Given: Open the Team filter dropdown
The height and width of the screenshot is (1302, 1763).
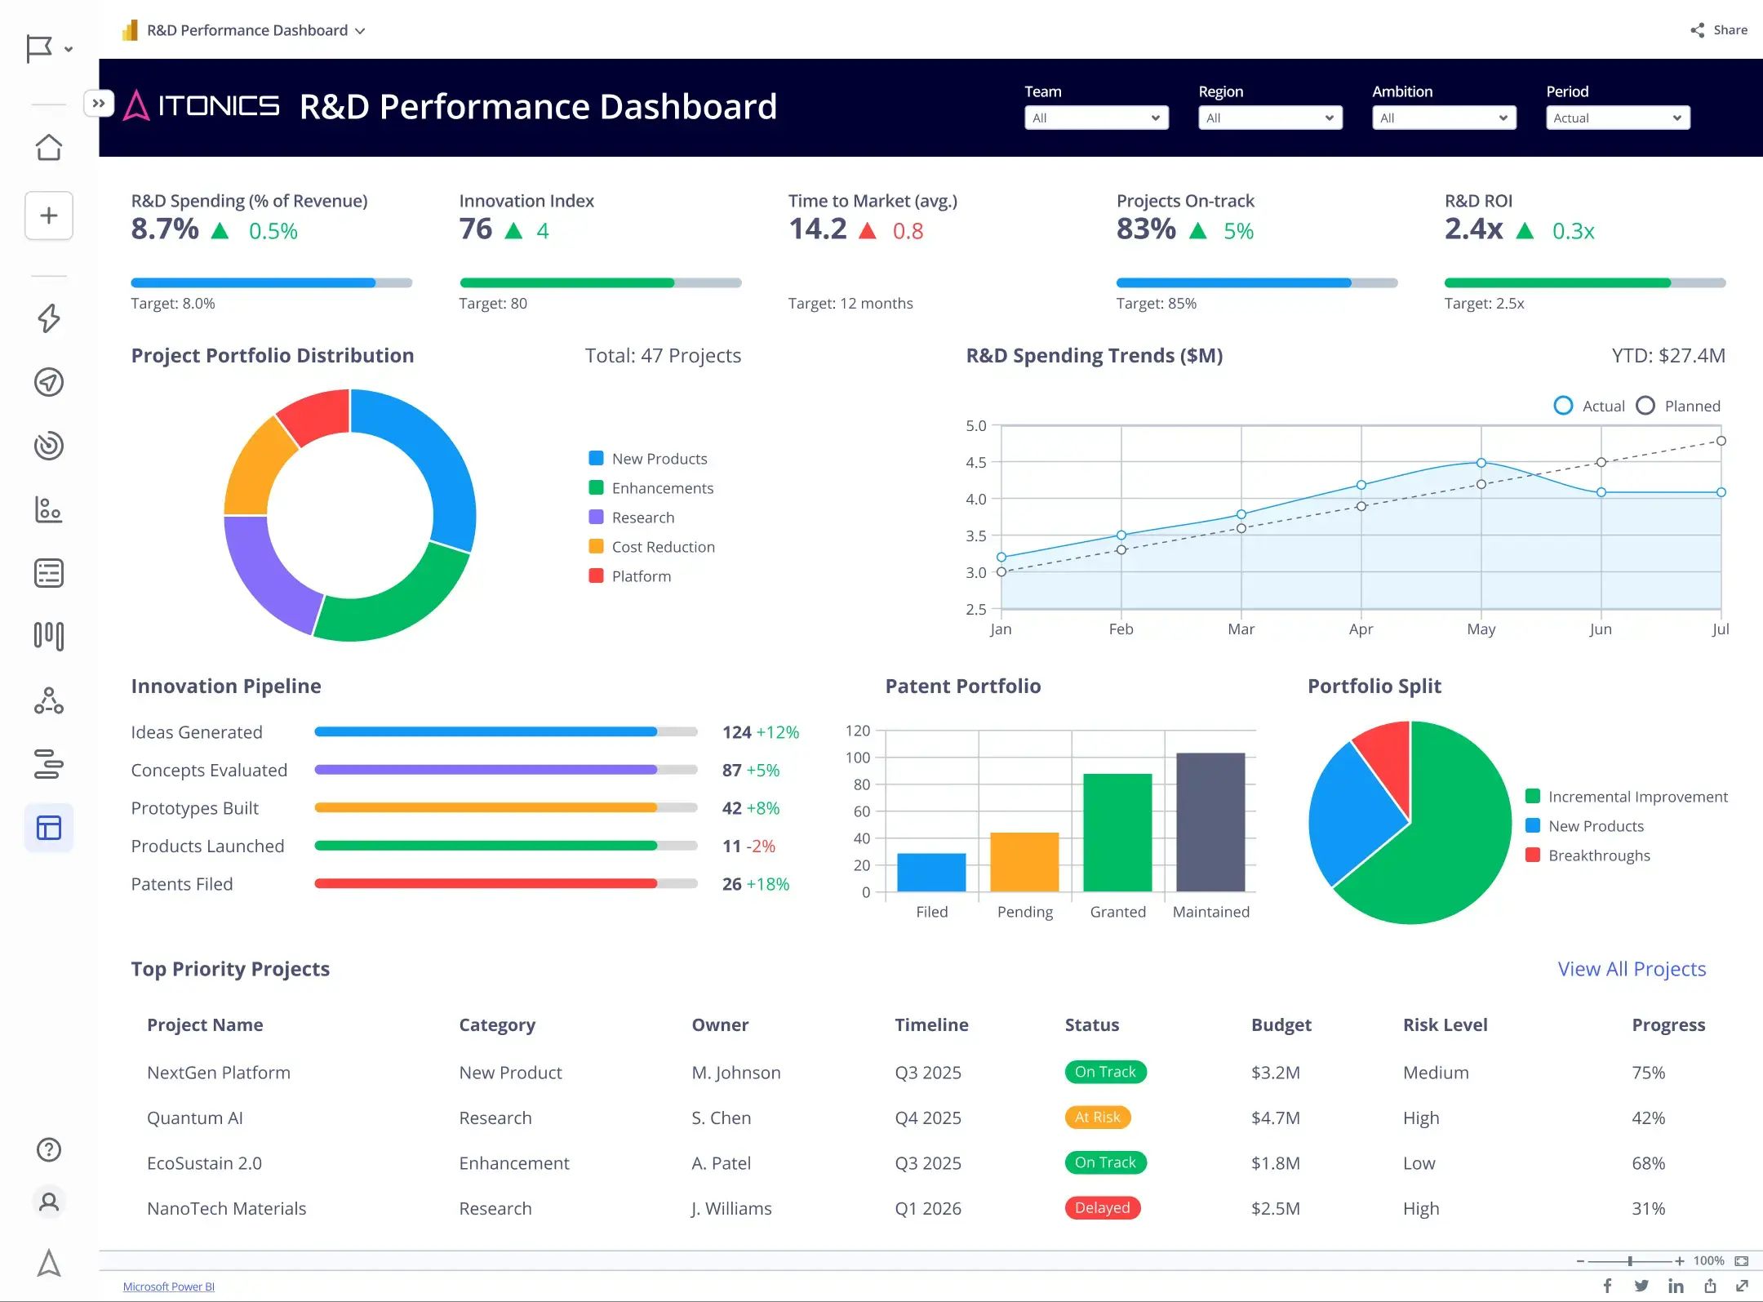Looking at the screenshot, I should [x=1095, y=118].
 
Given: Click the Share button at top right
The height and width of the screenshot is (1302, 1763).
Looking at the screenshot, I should [x=1719, y=30].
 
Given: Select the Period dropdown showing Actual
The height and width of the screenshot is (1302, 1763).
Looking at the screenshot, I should [x=1617, y=118].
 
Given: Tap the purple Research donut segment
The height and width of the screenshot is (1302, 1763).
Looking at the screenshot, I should [x=265, y=571].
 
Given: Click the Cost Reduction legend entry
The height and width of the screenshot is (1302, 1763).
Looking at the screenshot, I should [x=662, y=547].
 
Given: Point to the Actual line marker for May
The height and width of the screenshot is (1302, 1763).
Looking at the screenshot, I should [x=1481, y=463].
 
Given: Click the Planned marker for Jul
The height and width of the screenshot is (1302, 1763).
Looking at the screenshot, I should [x=1721, y=441].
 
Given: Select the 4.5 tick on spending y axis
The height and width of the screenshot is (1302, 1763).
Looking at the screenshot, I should [x=975, y=462].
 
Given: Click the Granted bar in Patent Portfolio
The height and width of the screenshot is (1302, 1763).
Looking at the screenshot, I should [x=1117, y=833].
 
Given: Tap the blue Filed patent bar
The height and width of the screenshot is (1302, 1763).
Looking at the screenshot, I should [x=930, y=872].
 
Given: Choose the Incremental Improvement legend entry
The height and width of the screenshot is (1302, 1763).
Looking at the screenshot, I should [x=1636, y=797].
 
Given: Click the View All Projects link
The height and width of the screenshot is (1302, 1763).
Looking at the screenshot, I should [x=1631, y=969].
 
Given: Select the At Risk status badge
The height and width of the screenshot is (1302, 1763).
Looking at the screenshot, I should [x=1097, y=1117].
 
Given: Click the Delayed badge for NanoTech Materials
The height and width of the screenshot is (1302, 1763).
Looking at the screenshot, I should [x=1102, y=1207].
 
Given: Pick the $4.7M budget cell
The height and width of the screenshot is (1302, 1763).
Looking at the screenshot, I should [x=1275, y=1118].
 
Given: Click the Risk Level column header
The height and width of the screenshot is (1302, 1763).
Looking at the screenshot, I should [x=1445, y=1024].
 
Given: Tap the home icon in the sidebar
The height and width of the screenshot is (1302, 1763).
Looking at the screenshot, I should [x=49, y=148].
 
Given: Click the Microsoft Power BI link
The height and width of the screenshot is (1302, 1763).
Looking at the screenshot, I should [x=169, y=1286].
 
